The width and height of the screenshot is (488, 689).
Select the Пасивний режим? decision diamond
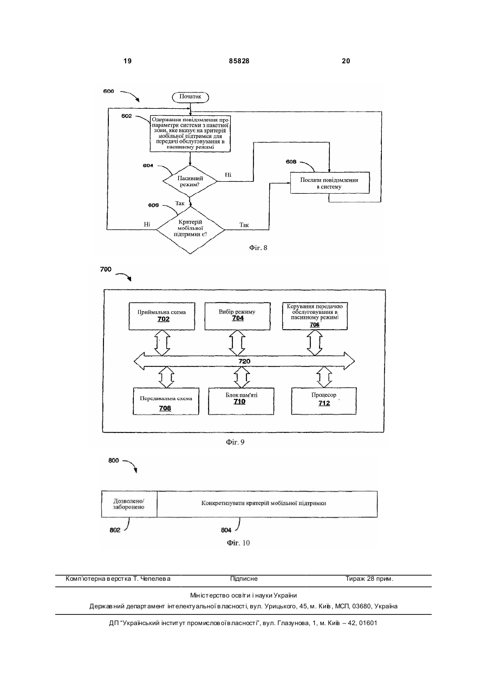coord(190,181)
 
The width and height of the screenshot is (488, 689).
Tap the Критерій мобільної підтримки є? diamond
coord(190,230)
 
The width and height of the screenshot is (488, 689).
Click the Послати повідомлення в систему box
coord(330,183)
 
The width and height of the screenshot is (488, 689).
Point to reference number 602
coord(126,116)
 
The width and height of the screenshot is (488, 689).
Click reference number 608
coord(291,162)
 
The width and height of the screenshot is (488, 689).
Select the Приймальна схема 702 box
coord(161,316)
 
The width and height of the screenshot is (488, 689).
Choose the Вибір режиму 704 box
coord(237,316)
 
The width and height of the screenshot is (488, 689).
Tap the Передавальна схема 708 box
coord(166,401)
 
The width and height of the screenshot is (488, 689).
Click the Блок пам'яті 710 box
coord(241,401)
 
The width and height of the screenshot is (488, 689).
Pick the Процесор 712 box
coord(324,401)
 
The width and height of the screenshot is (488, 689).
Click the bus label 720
coord(244,361)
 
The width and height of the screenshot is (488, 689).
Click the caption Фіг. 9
coord(235,442)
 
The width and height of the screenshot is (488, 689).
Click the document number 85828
coord(239,61)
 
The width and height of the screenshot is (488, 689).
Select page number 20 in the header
coord(346,61)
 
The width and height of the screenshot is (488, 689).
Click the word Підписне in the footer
coord(244,579)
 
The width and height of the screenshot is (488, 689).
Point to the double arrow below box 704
coord(237,343)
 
